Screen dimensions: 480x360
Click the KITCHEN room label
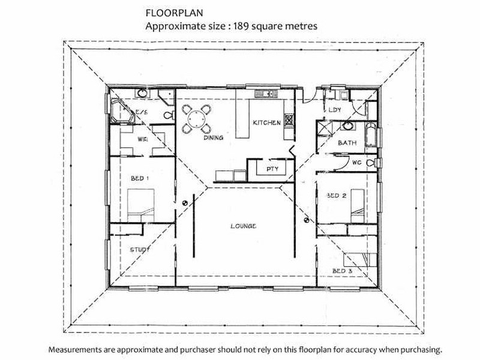(266, 123)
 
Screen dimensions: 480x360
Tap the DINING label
(214, 138)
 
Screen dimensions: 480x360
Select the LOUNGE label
(244, 226)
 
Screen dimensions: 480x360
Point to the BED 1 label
(140, 178)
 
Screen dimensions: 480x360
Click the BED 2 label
(337, 196)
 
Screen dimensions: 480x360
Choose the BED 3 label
(342, 271)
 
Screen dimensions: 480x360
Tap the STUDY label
(140, 250)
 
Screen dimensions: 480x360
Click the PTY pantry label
(272, 169)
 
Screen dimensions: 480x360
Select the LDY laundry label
(335, 110)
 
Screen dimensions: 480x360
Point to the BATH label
(347, 143)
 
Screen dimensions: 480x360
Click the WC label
(356, 163)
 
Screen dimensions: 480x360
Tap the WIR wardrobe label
(143, 139)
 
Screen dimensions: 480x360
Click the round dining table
(196, 119)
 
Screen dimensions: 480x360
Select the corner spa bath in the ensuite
(122, 111)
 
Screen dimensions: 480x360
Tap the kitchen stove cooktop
(289, 120)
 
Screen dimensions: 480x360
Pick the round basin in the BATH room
(347, 125)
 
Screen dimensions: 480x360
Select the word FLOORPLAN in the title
(174, 13)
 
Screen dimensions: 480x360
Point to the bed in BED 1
(140, 205)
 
